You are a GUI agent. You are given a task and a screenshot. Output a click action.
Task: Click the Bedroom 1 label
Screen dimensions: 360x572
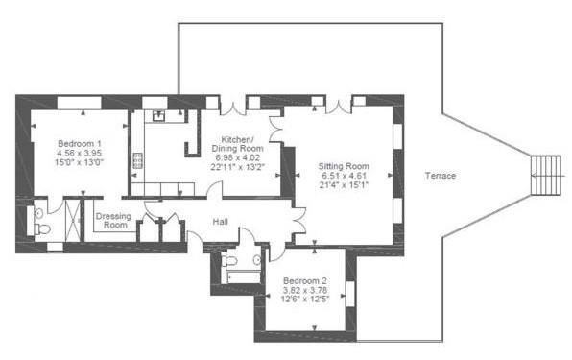point(79,143)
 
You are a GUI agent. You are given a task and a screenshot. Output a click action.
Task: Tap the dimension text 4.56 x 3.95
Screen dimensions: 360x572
point(79,153)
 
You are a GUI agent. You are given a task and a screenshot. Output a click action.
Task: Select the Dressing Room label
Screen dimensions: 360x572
point(113,220)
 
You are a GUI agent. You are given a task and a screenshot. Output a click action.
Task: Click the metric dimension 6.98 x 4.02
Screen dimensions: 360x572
point(236,158)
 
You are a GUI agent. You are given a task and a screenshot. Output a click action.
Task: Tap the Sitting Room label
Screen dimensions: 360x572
point(344,166)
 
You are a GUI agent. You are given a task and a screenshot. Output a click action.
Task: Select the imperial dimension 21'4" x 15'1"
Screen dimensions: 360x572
point(344,186)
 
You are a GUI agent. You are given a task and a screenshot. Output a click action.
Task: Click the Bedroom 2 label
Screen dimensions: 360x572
point(306,282)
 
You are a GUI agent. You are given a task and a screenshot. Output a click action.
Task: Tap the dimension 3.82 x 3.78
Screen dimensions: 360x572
point(306,292)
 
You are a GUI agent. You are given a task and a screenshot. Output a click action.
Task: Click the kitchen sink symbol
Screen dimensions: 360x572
point(158,117)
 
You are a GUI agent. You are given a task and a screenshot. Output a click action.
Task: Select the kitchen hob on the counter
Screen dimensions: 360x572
point(138,159)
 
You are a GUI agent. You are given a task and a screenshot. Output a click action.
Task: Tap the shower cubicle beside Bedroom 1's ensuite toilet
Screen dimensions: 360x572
point(71,220)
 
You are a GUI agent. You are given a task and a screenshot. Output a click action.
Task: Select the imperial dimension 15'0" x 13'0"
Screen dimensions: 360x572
point(79,162)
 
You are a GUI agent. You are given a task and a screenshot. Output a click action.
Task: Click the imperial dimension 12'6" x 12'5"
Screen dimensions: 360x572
point(306,301)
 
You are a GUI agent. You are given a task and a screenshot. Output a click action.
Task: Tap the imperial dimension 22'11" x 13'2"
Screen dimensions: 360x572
point(236,168)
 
